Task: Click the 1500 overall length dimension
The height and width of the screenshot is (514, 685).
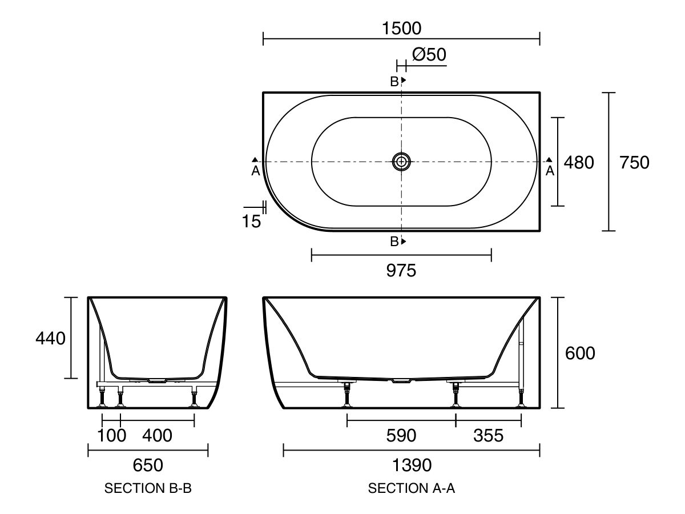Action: [x=401, y=27]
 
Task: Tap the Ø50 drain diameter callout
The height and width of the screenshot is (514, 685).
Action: [x=429, y=55]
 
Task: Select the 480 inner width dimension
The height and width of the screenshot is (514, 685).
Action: [x=579, y=163]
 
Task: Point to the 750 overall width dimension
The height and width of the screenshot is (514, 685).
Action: [x=634, y=163]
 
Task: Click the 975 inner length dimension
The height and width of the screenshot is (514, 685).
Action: [x=401, y=271]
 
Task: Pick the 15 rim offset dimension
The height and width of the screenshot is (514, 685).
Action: [x=251, y=221]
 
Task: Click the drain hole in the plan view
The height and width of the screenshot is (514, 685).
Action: [x=402, y=162]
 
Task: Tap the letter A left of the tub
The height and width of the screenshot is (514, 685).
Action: [x=255, y=170]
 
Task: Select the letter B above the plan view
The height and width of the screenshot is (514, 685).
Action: [x=394, y=82]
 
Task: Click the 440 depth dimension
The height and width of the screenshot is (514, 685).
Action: [x=50, y=338]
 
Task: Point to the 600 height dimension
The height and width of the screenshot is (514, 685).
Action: [x=580, y=354]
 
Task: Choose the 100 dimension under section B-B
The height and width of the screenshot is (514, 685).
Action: [x=111, y=436]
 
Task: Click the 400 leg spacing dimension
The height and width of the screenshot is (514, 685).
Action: [x=156, y=436]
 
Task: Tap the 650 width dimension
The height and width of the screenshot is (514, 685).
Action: [x=148, y=465]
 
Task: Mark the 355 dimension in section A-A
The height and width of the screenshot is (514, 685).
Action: [x=489, y=436]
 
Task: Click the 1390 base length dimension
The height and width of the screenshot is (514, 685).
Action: [x=412, y=465]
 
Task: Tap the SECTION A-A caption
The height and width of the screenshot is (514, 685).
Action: [x=412, y=489]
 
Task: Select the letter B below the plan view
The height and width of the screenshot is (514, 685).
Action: [x=394, y=242]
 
